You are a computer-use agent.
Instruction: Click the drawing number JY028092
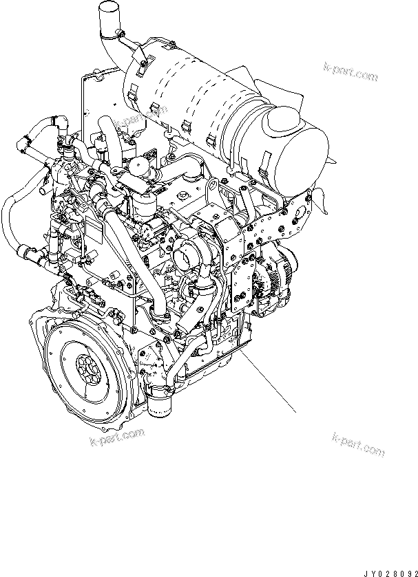coord(390,574)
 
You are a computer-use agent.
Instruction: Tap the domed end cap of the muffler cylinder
coord(281,119)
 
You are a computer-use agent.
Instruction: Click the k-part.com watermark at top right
coord(351,72)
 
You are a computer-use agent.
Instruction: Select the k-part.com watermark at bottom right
coord(358,444)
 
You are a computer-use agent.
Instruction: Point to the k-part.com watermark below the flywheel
coord(117,437)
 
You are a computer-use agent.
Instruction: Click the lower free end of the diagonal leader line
coord(296,413)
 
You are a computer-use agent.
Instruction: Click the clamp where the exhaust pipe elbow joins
coord(112,35)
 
